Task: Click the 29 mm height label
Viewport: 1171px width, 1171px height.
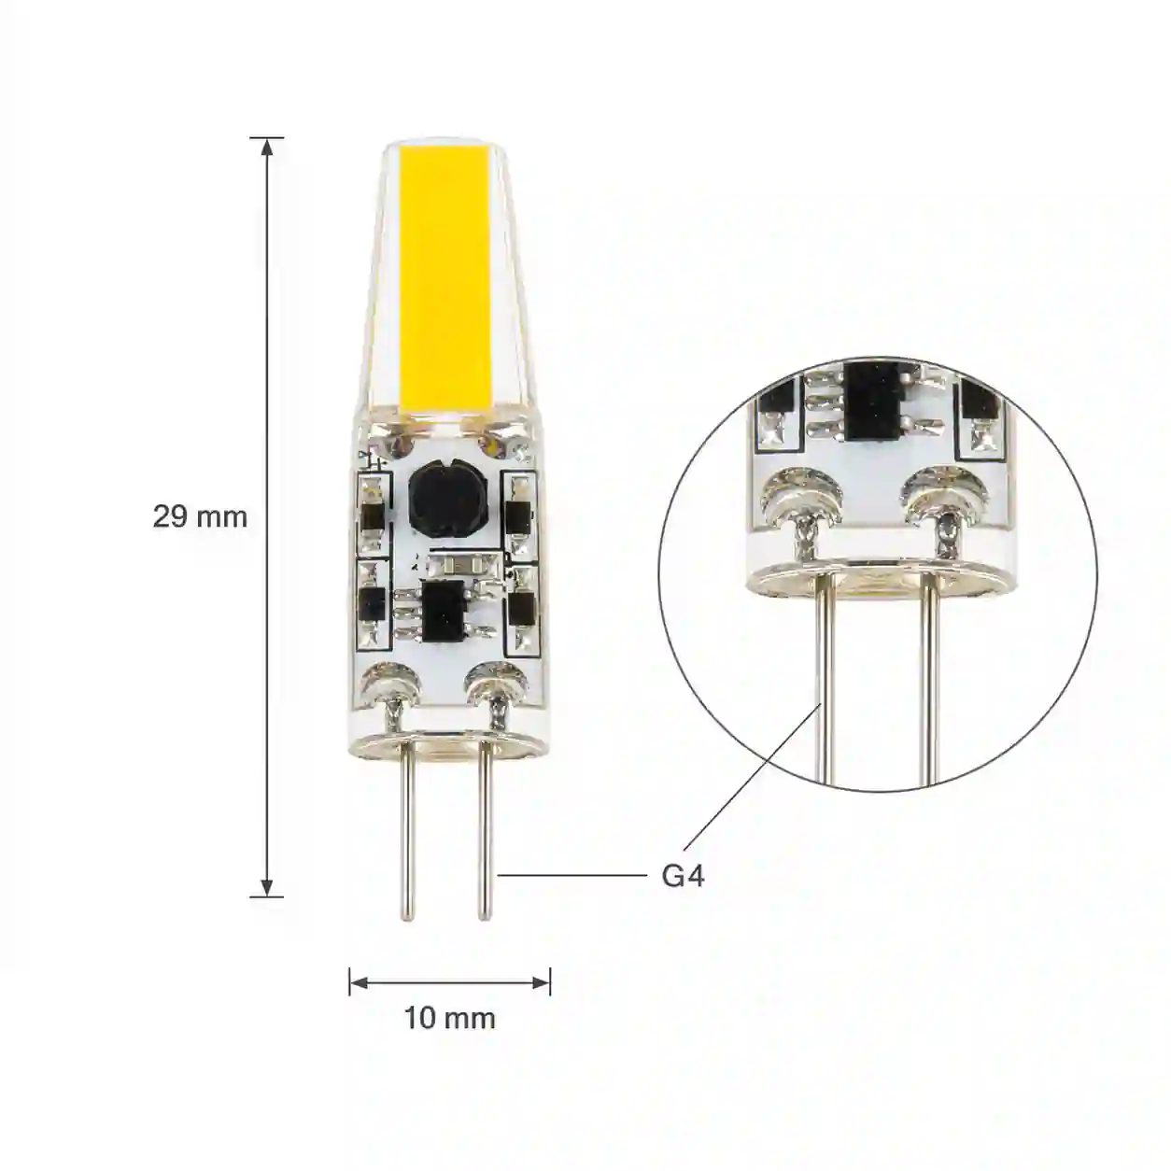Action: (x=200, y=516)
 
